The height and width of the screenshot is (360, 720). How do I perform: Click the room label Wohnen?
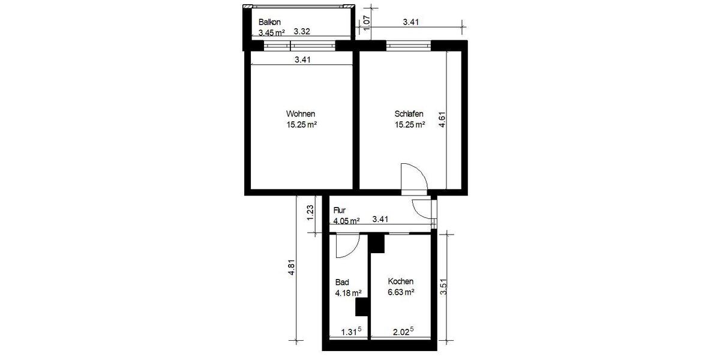301,114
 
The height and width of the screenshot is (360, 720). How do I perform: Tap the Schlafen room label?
410,114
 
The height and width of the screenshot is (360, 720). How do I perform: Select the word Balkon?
269,22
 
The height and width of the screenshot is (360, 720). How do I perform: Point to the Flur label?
340,211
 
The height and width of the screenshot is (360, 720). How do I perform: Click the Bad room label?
342,282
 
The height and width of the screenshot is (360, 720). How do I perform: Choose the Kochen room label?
401,281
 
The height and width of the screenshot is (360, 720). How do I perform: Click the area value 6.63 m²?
401,293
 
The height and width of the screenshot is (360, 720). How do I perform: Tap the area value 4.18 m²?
348,293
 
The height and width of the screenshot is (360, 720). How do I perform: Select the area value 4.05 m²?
346,221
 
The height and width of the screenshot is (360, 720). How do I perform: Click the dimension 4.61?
442,118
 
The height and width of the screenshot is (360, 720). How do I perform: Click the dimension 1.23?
310,214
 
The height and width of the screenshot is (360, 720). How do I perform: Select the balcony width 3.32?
301,32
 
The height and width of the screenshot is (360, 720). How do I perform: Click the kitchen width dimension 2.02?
403,331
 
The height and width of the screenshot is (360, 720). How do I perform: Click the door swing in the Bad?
349,246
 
